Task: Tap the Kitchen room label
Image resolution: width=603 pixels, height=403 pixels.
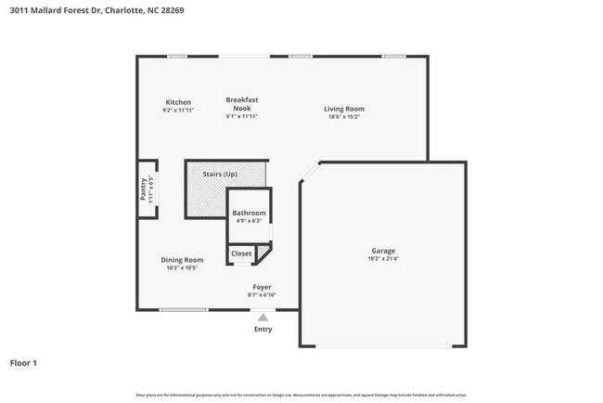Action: pyautogui.click(x=178, y=102)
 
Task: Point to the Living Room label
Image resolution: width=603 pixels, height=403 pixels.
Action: pyautogui.click(x=343, y=109)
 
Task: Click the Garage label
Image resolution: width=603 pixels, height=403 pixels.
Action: pyautogui.click(x=383, y=251)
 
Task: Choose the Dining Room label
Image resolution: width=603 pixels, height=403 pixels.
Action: pyautogui.click(x=182, y=260)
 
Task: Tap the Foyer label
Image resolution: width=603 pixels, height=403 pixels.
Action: pyautogui.click(x=263, y=287)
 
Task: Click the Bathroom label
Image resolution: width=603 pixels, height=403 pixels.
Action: pyautogui.click(x=249, y=214)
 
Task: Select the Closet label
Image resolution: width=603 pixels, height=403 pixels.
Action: pyautogui.click(x=241, y=253)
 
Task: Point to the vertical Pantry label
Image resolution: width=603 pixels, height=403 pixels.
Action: pyautogui.click(x=143, y=189)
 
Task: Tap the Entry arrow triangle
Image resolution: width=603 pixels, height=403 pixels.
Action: pyautogui.click(x=263, y=318)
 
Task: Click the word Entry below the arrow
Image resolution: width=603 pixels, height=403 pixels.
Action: pyautogui.click(x=263, y=329)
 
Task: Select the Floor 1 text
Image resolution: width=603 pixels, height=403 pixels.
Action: pyautogui.click(x=23, y=363)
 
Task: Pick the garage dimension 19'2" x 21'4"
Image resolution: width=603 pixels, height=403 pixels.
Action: pyautogui.click(x=383, y=259)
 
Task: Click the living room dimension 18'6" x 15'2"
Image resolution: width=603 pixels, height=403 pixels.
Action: pyautogui.click(x=343, y=117)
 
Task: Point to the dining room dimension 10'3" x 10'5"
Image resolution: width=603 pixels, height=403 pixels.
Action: pyautogui.click(x=182, y=268)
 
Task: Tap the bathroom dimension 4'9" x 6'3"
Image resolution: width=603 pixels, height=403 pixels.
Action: pyautogui.click(x=249, y=222)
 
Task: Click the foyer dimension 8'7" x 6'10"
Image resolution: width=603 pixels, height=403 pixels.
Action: pyautogui.click(x=263, y=295)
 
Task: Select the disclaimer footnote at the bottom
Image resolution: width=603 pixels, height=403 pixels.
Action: pyautogui.click(x=301, y=394)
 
